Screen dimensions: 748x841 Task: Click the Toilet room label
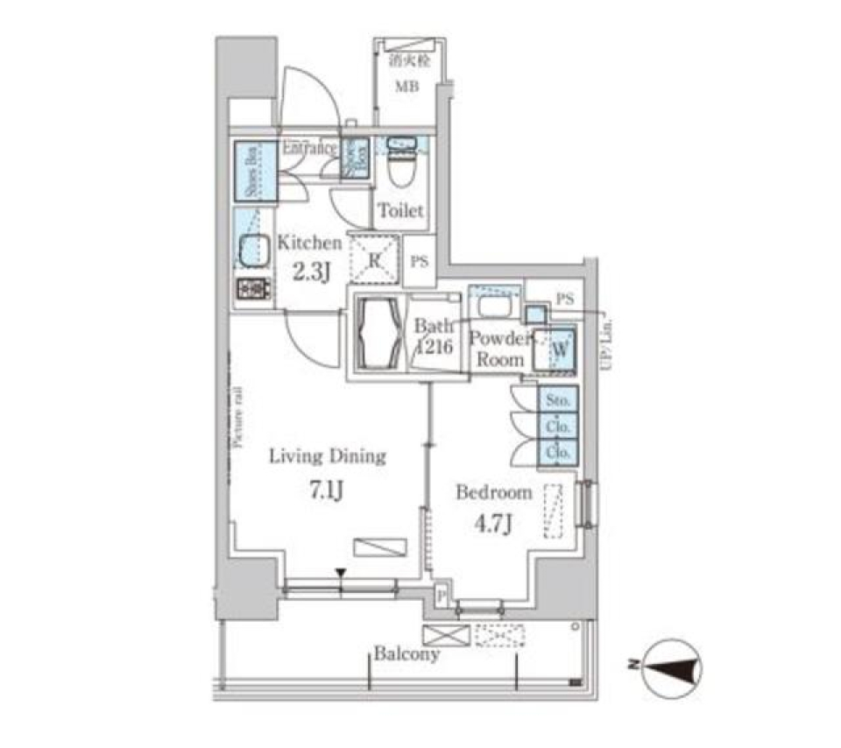400,210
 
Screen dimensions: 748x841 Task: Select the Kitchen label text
308,243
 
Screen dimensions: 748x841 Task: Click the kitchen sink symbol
251,251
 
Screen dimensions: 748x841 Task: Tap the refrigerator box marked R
374,259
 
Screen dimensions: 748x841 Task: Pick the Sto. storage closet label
559,399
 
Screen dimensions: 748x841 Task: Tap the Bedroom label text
493,492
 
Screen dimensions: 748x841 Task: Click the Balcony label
406,654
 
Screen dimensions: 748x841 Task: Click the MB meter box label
404,87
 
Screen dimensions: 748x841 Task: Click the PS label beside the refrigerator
420,261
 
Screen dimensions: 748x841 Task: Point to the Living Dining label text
327,456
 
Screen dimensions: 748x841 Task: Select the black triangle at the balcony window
341,575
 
